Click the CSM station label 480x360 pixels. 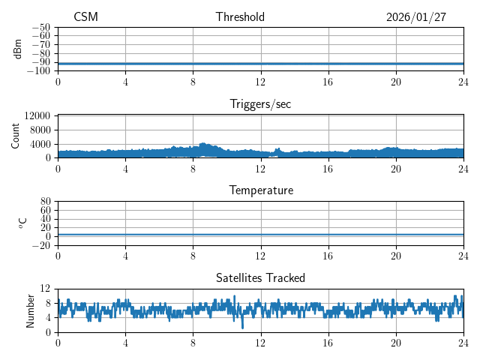[x=85, y=17]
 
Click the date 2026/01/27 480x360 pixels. [x=415, y=17]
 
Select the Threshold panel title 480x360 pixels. [x=240, y=17]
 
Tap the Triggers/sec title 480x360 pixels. [x=260, y=104]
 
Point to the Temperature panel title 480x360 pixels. [x=260, y=190]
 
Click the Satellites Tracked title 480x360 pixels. [x=260, y=277]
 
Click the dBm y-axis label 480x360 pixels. [x=19, y=49]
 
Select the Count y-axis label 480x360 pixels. [x=16, y=136]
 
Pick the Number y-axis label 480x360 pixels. [x=31, y=309]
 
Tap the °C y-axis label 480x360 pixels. [x=22, y=223]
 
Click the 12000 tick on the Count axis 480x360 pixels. [x=37, y=116]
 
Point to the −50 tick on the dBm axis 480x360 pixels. [x=42, y=28]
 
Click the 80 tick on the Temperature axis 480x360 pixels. [x=44, y=202]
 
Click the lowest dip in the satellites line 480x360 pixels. [x=242, y=327]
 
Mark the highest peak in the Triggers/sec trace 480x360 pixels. [x=202, y=143]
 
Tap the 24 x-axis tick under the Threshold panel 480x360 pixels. [x=463, y=82]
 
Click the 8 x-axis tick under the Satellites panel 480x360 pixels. [x=193, y=342]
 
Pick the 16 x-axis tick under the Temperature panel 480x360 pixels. [x=328, y=256]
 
